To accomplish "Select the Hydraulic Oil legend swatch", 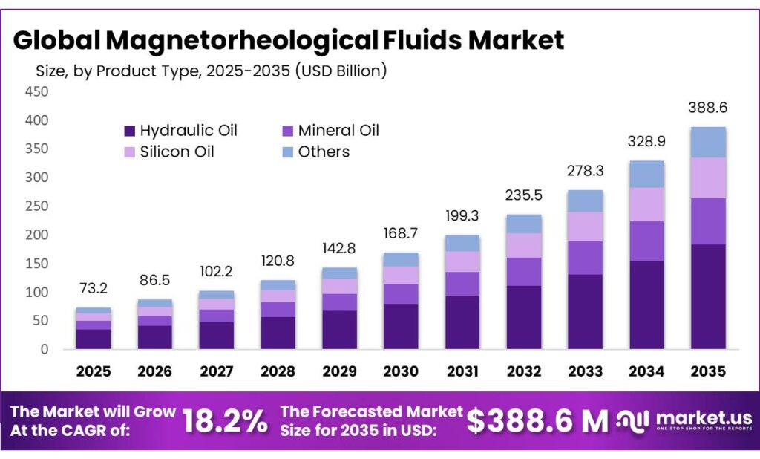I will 129,131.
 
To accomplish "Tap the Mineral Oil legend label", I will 338,131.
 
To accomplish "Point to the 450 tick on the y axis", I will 37,91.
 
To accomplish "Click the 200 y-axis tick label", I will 37,235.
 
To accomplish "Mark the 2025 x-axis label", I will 93,371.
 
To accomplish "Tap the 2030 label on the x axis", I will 400,371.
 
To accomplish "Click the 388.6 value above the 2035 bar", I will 707,108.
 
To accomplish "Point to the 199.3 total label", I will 462,215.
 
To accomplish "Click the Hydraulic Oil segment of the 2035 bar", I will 707,296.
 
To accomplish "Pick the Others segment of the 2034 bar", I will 646,174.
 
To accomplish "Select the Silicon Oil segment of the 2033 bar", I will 585,227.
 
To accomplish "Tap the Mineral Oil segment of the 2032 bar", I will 523,272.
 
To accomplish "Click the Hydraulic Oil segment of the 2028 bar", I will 278,333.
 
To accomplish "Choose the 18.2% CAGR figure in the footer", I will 225,421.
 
